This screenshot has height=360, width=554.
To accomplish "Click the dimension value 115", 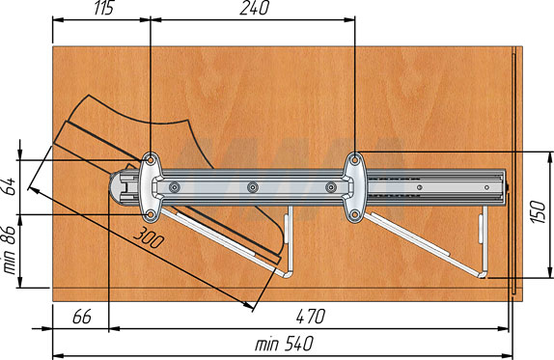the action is tap(104, 8).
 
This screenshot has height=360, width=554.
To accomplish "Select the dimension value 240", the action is tap(255, 8).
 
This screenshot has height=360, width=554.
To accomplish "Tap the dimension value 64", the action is tap(11, 186).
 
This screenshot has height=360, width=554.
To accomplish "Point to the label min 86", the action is tap(10, 250).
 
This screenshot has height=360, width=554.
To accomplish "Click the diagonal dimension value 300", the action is tap(149, 237).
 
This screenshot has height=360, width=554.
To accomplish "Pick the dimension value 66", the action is tap(82, 317).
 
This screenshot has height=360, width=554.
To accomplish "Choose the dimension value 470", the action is tap(311, 317).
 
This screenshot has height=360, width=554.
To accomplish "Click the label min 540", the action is tap(285, 344).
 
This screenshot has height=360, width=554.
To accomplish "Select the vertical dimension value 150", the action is tap(539, 211).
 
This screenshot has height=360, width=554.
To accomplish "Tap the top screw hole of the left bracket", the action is tap(151, 160).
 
